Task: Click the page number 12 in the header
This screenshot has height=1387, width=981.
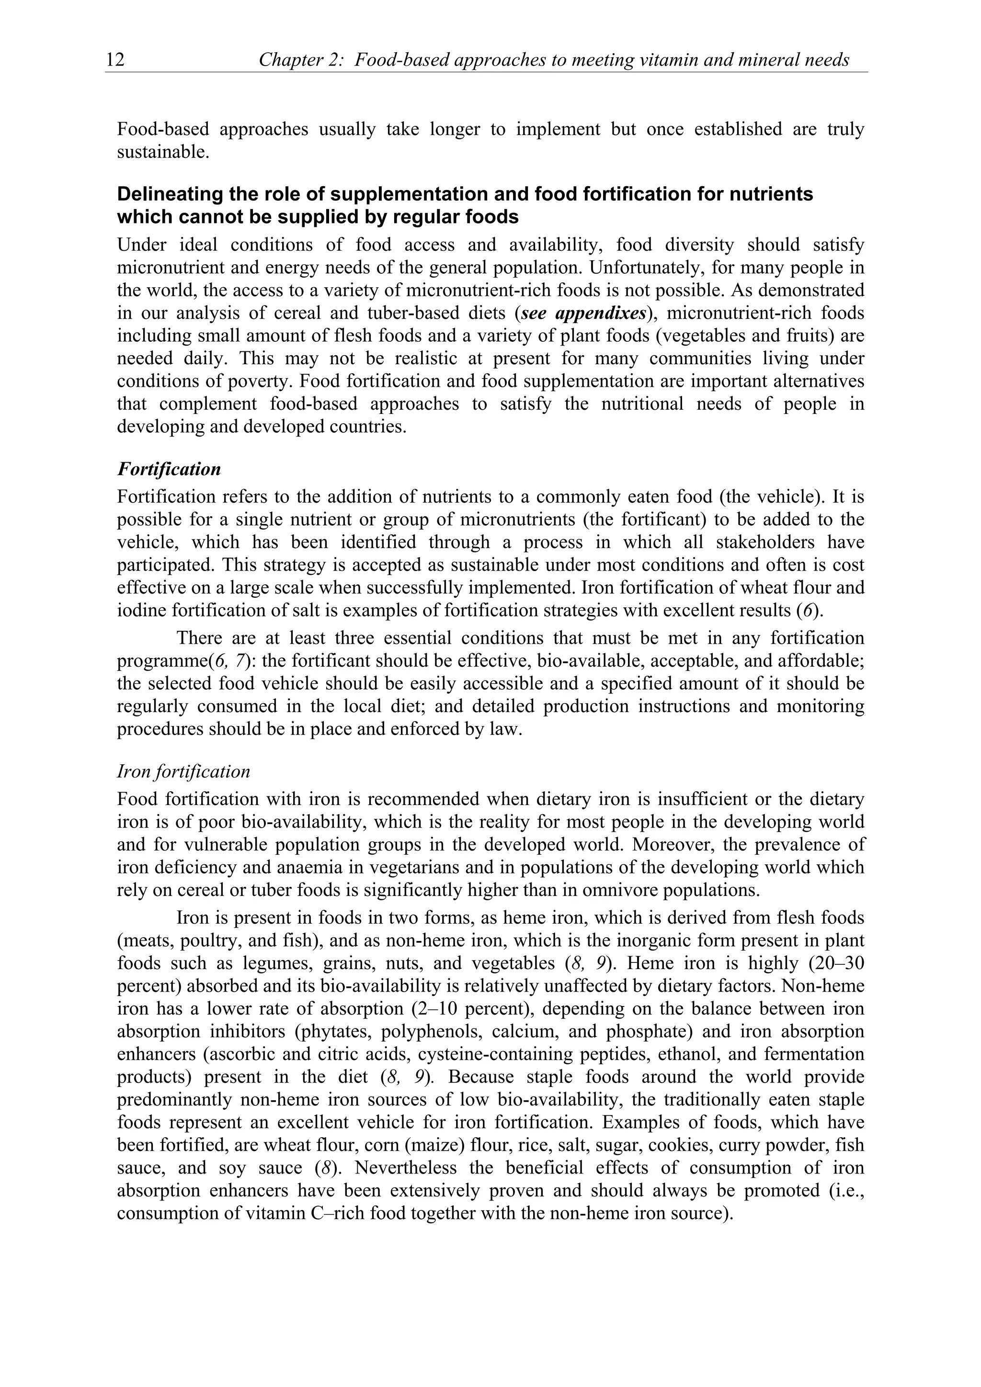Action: coord(115,60)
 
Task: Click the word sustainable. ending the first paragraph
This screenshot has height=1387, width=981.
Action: coord(162,152)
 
